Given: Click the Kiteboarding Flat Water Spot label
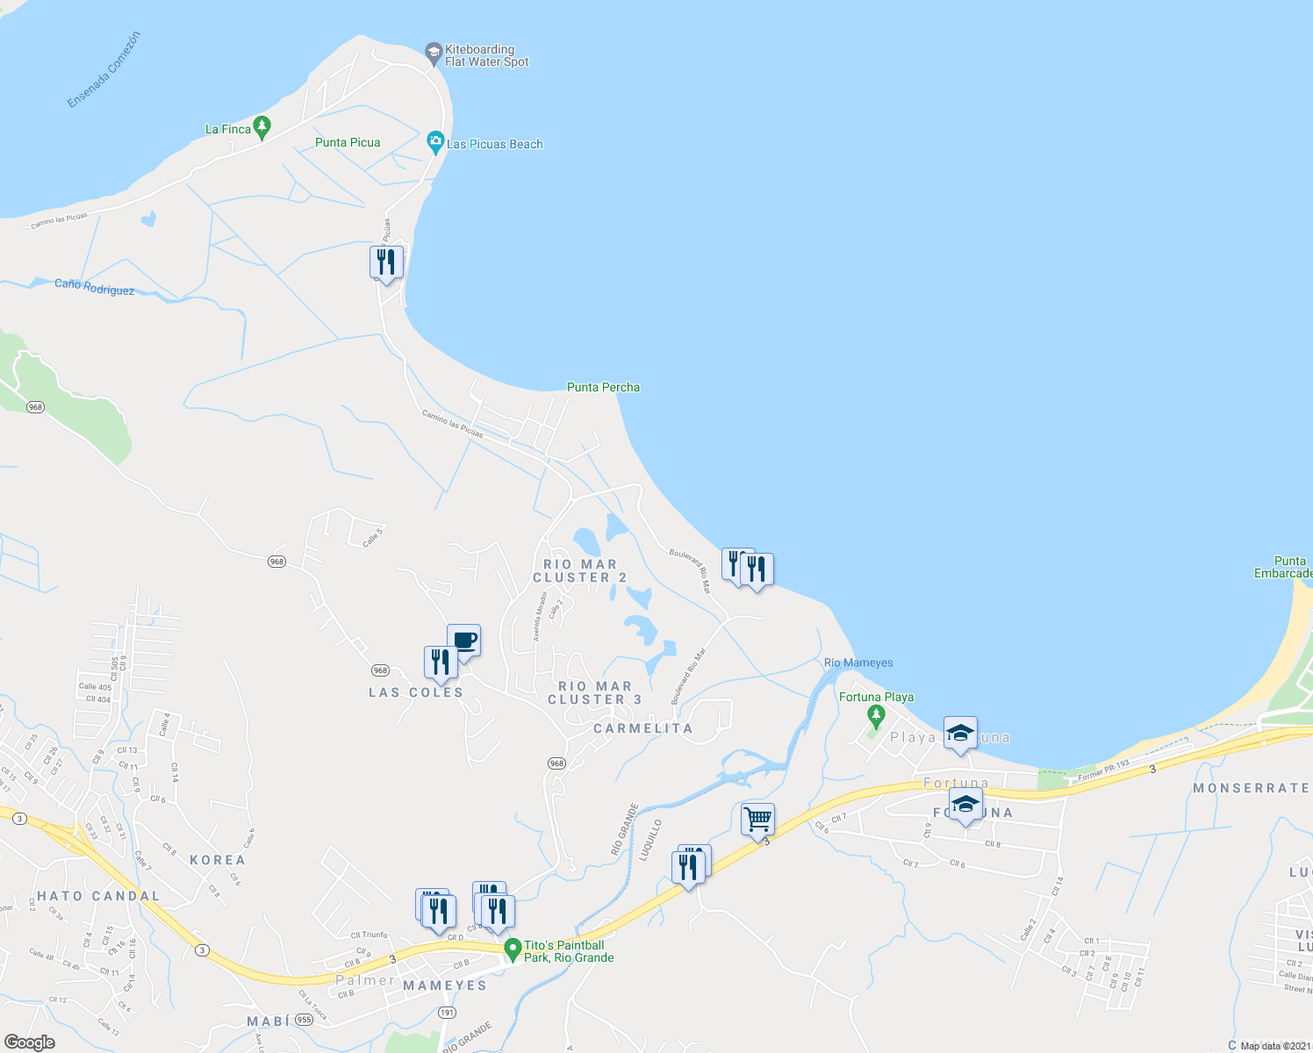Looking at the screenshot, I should point(486,55).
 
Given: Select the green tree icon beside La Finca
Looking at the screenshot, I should point(262,127).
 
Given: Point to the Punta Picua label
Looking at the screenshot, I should point(348,142).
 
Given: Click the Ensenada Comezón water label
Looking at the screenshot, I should point(104,69).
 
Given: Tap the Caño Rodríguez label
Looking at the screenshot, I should point(94,287).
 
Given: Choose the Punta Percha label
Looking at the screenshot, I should point(603,387).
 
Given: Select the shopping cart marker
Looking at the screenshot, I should point(757,820).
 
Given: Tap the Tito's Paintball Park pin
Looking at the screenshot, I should point(513,949).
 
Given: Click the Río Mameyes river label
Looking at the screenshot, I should point(858,663).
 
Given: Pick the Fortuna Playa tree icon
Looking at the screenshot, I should point(875,715).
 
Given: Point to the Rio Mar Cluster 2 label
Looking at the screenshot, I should point(580,571).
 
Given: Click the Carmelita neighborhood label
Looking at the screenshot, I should point(643,728).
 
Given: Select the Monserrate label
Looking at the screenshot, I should point(1251,788).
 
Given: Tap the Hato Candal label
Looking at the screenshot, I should point(98,896).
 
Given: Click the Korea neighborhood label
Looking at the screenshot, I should point(218,860).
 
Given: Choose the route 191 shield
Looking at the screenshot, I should point(447,1013).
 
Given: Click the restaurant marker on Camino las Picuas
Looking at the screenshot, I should point(386,261).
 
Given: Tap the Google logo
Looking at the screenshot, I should point(30,1042).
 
